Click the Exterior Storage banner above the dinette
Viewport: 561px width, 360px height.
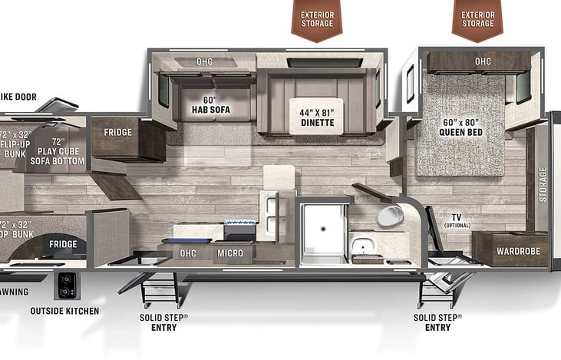tap(317, 18)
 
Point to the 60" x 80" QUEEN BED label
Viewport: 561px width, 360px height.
tap(460, 126)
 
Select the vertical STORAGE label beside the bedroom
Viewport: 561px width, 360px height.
tap(543, 183)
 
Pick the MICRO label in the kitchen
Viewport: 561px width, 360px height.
tap(230, 253)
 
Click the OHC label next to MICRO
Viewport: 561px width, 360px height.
tap(187, 253)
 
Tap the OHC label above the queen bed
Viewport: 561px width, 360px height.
tap(482, 61)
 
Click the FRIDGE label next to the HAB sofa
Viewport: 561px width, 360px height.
tap(117, 132)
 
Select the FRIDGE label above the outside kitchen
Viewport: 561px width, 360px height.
tap(63, 244)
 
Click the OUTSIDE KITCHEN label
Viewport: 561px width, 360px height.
tap(64, 311)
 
